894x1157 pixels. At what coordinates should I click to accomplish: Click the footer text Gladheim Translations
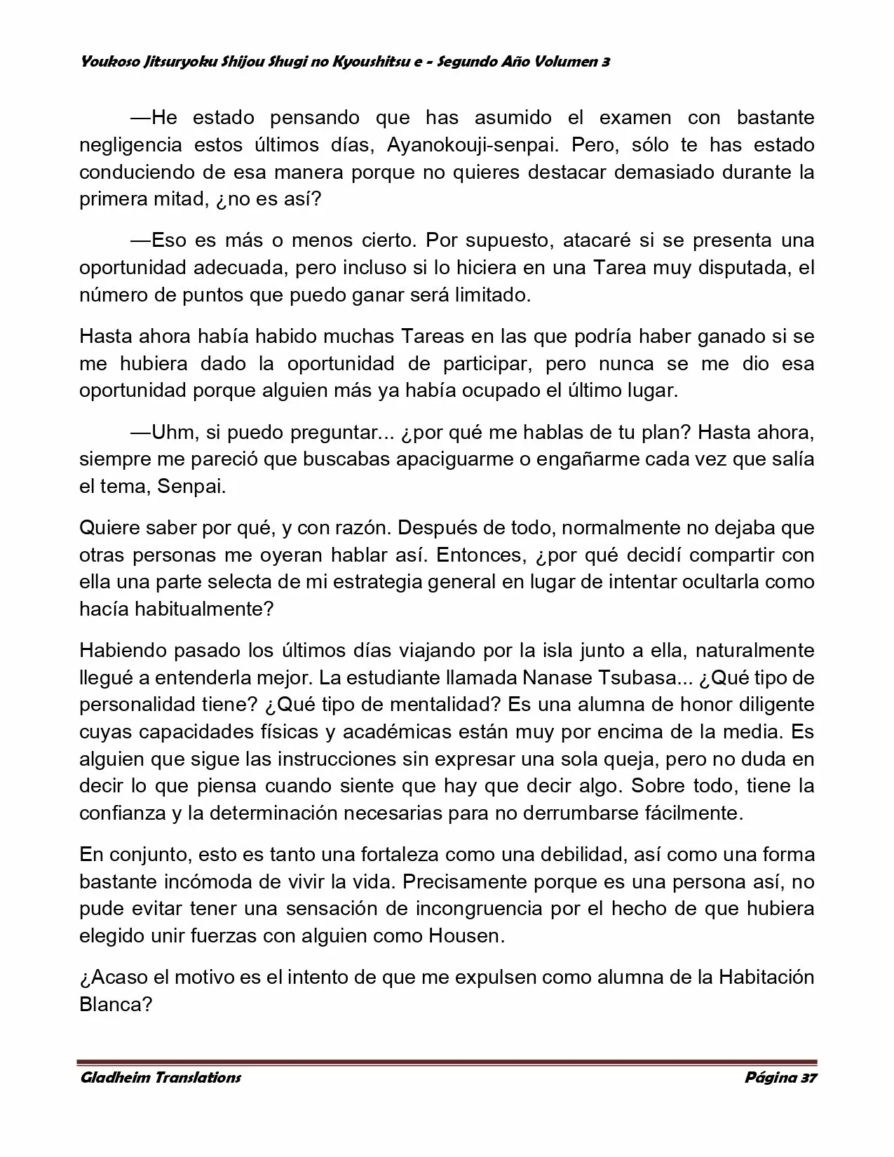[x=161, y=1077]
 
